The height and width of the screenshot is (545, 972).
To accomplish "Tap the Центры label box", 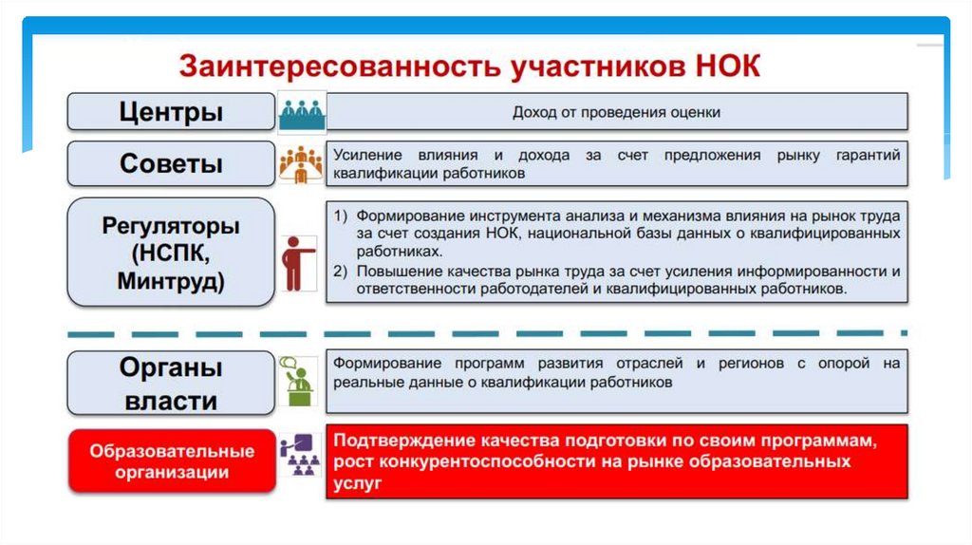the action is [x=172, y=111].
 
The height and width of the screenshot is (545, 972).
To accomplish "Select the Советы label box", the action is [x=172, y=163].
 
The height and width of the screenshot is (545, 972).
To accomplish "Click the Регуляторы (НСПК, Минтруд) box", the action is [x=172, y=252].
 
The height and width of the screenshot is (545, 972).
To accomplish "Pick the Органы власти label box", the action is [x=172, y=383].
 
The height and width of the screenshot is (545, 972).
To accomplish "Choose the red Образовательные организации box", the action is [x=172, y=460].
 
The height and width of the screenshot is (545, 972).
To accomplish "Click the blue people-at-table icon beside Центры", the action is [x=301, y=112].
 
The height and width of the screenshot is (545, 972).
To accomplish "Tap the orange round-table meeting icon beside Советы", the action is [x=301, y=163].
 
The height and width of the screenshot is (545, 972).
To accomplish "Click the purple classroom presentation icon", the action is [x=300, y=457].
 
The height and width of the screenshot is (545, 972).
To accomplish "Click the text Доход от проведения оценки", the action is [x=616, y=112].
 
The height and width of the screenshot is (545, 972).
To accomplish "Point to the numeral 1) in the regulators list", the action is [x=341, y=215].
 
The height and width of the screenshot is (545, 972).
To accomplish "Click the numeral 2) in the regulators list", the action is [x=341, y=271].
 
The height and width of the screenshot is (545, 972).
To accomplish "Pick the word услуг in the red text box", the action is [x=357, y=482].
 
